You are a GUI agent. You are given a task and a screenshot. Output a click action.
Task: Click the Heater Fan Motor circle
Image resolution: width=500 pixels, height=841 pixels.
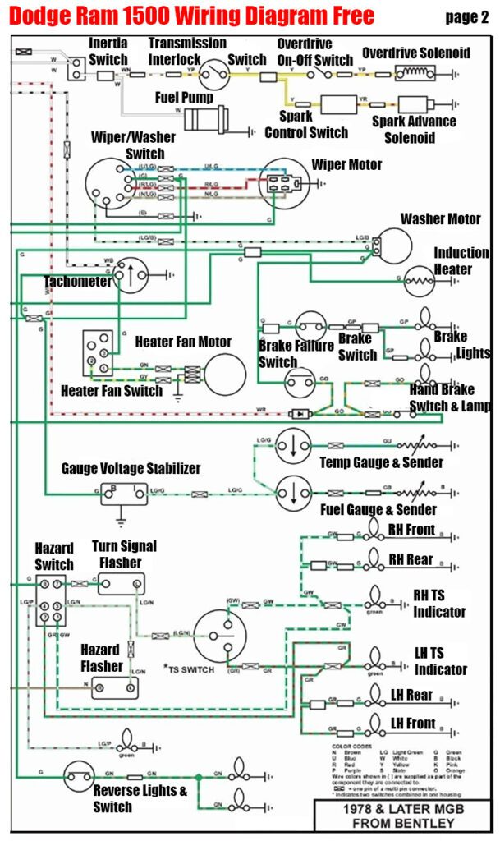coord(225,375)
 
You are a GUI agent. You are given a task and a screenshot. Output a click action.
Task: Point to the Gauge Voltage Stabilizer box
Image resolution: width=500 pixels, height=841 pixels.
coord(124,494)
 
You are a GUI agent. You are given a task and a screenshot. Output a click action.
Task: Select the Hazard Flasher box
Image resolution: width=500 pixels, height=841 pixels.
coord(113,684)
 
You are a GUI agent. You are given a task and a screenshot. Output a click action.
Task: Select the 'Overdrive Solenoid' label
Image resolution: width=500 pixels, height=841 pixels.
coord(416,53)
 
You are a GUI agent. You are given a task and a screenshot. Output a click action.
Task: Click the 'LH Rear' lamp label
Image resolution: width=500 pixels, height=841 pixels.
coord(411,695)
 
